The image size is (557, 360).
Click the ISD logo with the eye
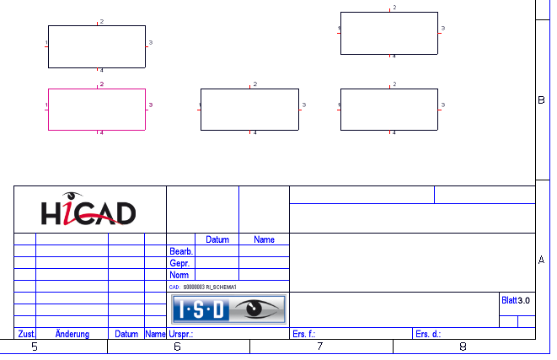point(228,309)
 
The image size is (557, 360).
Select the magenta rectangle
point(97,109)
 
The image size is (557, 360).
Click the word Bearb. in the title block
point(181,251)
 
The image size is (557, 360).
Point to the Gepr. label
point(179,263)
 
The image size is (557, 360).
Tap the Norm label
point(179,275)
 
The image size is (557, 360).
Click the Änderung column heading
point(72,334)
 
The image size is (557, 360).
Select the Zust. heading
point(25,334)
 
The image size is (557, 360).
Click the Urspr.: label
point(181,334)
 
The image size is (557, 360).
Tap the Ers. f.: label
point(303,334)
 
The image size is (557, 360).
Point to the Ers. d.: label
point(427,334)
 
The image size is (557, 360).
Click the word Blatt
point(508,300)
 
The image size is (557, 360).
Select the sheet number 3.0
point(524,300)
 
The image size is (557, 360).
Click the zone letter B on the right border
point(541,99)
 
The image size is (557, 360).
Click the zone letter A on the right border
point(541,260)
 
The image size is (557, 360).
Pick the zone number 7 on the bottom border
point(320,347)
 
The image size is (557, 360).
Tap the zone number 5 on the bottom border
point(35,347)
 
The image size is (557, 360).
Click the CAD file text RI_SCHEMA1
point(222,287)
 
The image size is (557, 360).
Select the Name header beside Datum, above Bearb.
point(264,239)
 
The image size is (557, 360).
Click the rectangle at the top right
point(389,33)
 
